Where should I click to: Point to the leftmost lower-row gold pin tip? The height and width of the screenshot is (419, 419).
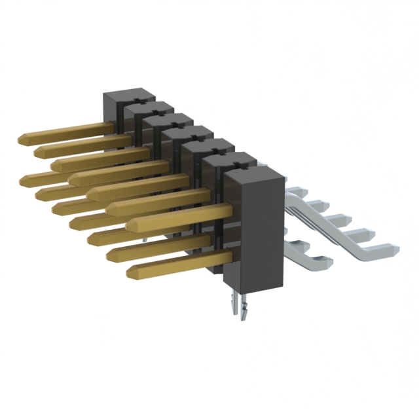click(x=26, y=178)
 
